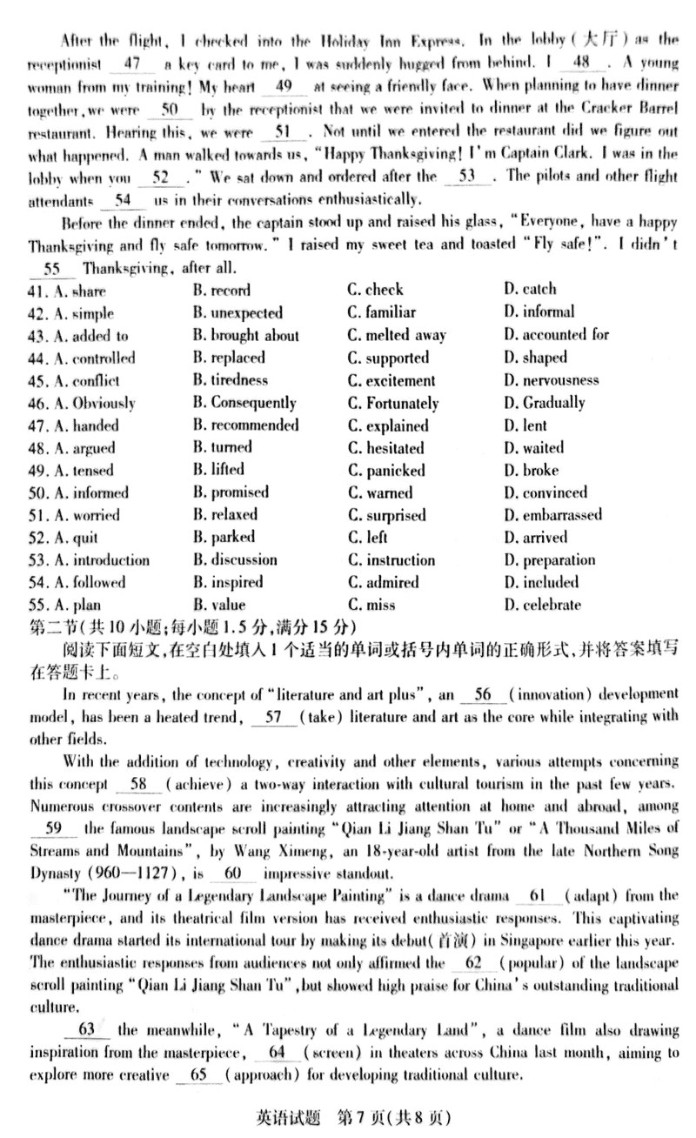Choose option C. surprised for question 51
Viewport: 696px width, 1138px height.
coord(386,515)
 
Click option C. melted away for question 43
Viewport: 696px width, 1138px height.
coord(396,335)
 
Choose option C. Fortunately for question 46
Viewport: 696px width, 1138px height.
coord(392,403)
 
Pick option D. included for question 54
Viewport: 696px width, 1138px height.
coord(540,582)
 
